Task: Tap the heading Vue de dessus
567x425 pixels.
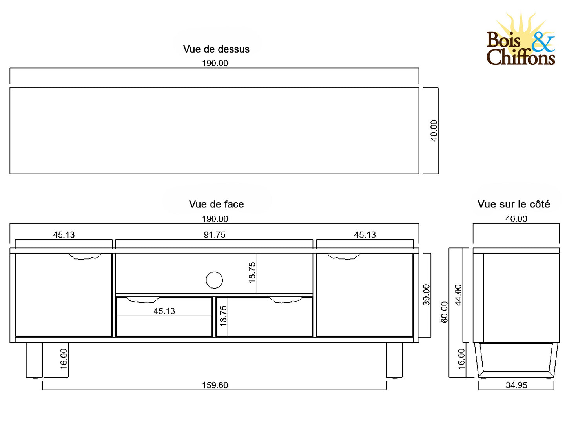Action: [x=216, y=49]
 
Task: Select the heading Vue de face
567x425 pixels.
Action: [x=216, y=204]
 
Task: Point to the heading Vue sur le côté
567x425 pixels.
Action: [x=514, y=204]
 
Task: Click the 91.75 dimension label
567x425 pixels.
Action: [x=214, y=234]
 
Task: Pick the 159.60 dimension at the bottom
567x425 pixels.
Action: [x=215, y=385]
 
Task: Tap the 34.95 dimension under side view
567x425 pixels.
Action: [x=516, y=385]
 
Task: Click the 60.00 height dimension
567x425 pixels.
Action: [x=444, y=312]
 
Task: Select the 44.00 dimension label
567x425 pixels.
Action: [x=458, y=295]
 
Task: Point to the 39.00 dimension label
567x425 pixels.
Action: [x=426, y=295]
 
